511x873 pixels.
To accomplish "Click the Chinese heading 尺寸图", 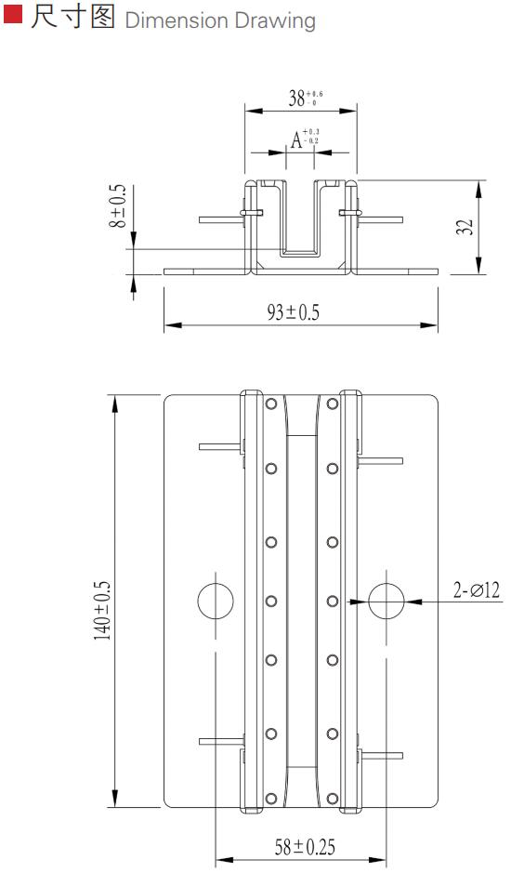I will [x=72, y=18].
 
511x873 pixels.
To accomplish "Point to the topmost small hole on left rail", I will [x=270, y=405].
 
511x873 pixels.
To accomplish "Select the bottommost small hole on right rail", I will [x=332, y=797].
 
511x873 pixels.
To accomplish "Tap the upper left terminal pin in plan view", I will [x=221, y=447].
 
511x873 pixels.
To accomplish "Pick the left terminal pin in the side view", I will [x=221, y=220].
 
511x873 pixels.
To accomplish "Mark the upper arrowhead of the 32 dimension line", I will [x=478, y=187].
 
